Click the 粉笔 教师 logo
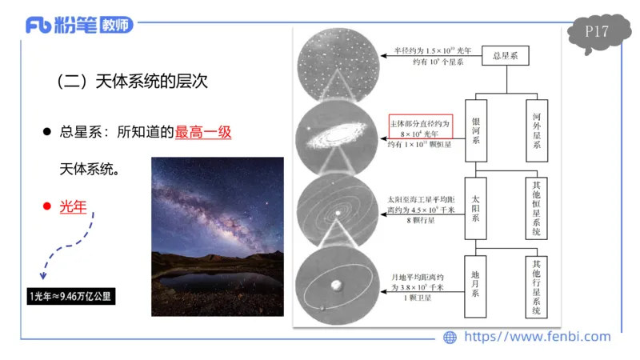point(78,25)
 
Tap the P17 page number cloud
point(597,33)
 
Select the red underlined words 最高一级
point(203,132)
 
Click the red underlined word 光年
point(73,206)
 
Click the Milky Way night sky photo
point(217,226)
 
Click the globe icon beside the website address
point(450,338)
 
